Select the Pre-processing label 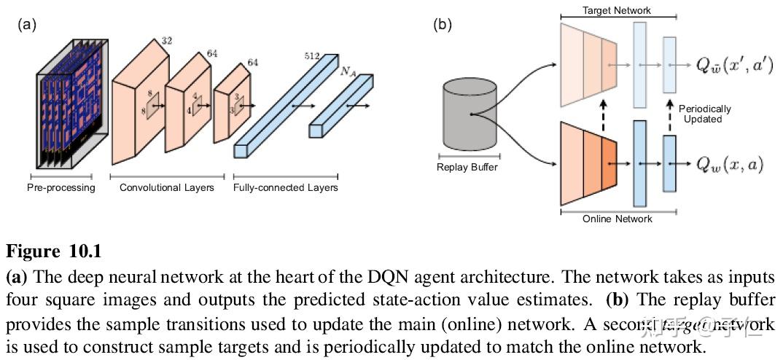[61, 188]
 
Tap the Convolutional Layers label [167, 188]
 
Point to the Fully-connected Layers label [286, 188]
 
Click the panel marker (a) [26, 24]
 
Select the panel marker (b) [443, 24]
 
